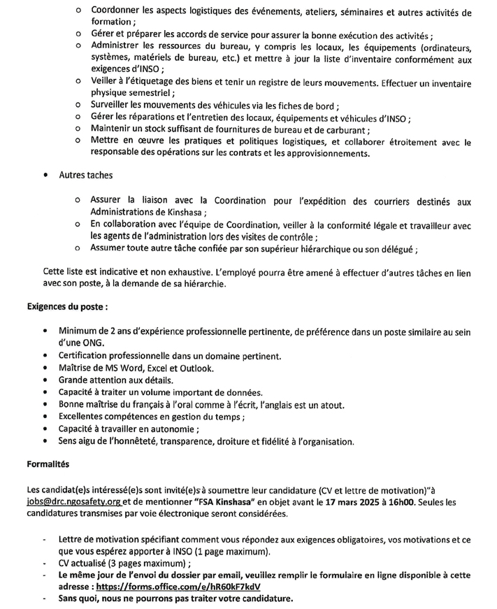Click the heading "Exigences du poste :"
[67, 306]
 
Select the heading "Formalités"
[48, 464]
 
